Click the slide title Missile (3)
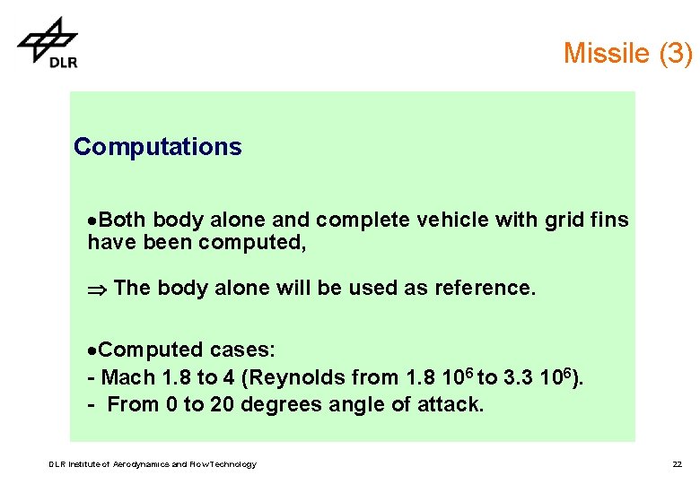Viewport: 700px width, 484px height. (627, 53)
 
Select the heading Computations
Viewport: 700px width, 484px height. (158, 147)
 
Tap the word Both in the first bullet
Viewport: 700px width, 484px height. (122, 220)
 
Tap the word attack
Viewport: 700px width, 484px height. (451, 404)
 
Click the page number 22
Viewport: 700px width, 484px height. (677, 464)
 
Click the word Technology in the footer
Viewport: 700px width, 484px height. (232, 464)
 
